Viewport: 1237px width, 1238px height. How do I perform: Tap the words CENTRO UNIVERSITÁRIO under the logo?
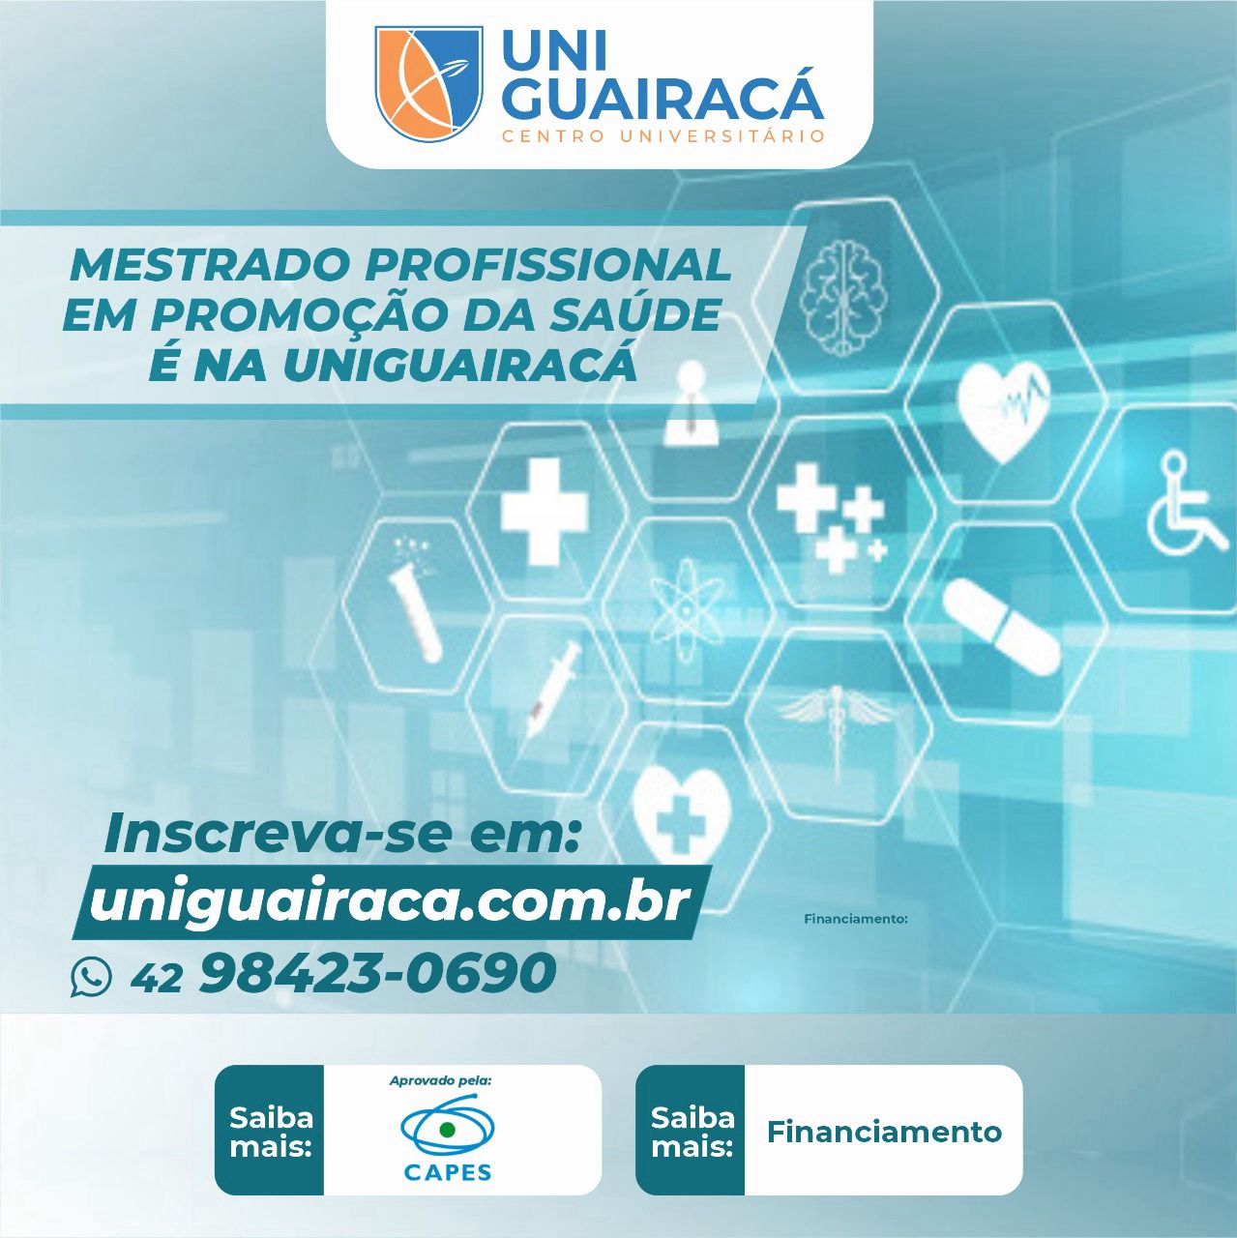(663, 136)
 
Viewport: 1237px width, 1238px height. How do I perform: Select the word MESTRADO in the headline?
(211, 265)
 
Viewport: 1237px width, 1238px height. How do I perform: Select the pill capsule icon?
(1000, 627)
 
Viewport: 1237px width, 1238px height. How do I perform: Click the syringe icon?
(552, 688)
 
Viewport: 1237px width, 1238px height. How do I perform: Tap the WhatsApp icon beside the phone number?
(91, 977)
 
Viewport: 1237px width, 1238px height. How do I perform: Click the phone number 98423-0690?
(378, 972)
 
